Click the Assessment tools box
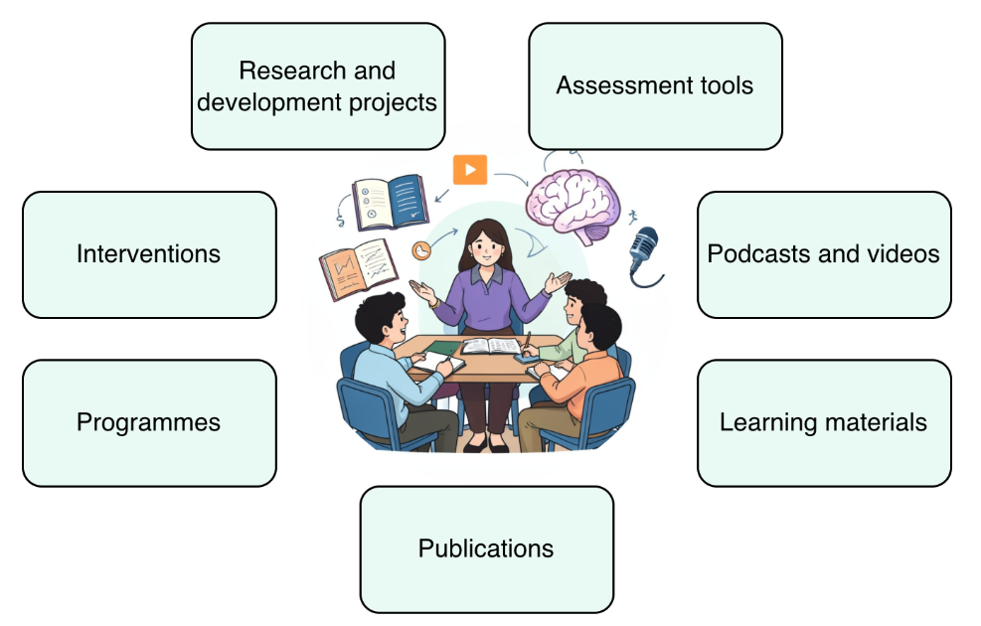[655, 86]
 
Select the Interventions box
[149, 254]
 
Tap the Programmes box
[149, 422]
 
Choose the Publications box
[487, 549]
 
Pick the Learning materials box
[824, 422]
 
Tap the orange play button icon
[470, 170]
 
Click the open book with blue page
[391, 202]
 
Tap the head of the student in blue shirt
[381, 318]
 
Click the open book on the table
[491, 346]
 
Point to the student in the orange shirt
[572, 376]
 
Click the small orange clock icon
[421, 250]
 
